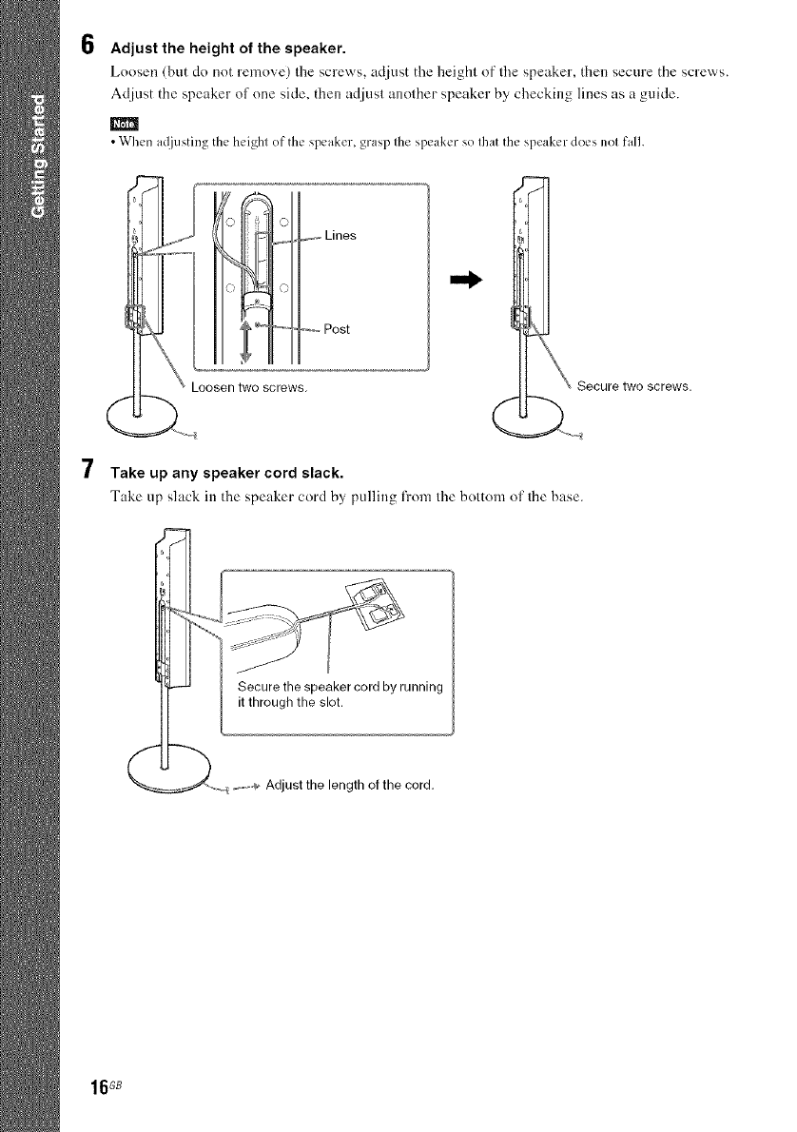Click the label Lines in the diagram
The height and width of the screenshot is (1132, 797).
340,235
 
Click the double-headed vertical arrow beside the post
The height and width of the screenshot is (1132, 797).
243,337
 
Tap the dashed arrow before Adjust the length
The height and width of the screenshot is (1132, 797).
246,786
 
